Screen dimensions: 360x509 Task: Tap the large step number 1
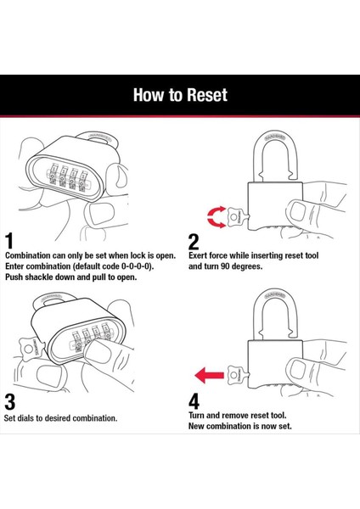click(x=9, y=241)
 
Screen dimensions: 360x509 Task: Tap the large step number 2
click(x=194, y=242)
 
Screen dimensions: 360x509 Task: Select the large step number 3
click(x=9, y=401)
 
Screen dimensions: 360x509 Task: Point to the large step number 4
click(x=194, y=401)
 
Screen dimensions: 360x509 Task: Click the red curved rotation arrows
click(x=217, y=217)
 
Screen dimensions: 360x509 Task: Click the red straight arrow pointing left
click(x=209, y=375)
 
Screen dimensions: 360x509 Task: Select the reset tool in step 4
click(x=238, y=375)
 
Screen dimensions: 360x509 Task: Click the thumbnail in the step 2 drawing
click(x=298, y=211)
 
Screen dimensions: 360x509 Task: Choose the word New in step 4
click(x=197, y=426)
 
